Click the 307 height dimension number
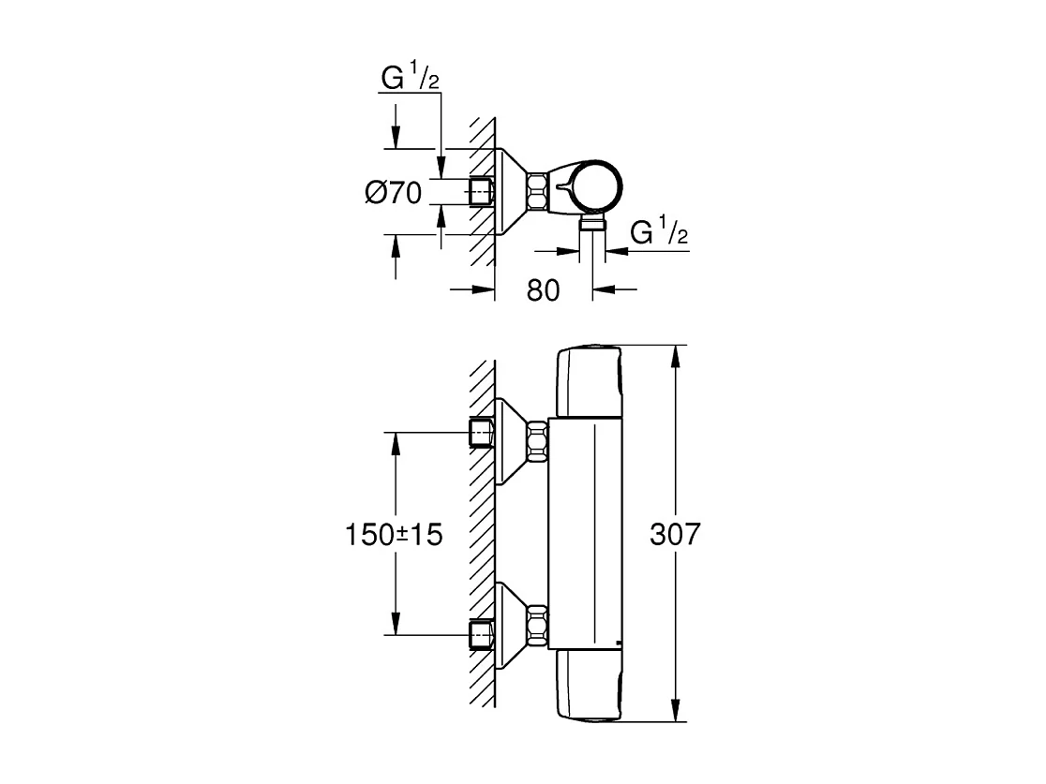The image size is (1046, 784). [674, 535]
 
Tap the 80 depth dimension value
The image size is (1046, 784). [543, 290]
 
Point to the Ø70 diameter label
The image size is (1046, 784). [393, 193]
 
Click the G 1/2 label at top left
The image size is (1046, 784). [410, 81]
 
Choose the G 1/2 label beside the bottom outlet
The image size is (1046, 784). [659, 233]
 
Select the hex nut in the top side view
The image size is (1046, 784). [540, 191]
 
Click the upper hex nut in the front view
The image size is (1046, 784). [537, 441]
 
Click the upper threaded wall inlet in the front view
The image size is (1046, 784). [481, 434]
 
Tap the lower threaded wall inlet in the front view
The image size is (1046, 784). [481, 635]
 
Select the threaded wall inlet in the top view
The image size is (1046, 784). [481, 191]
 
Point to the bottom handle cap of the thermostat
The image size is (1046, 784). [589, 687]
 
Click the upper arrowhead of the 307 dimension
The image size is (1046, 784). [676, 356]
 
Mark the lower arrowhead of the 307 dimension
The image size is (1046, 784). [676, 713]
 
